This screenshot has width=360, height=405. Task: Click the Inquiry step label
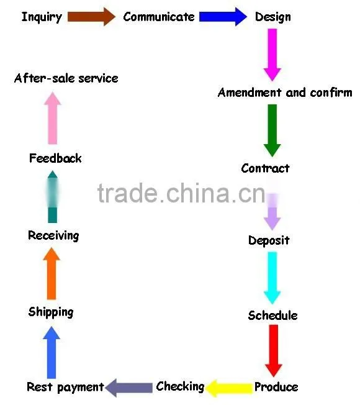(42, 17)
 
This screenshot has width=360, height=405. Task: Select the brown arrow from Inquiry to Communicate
(91, 17)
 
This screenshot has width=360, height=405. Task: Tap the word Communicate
(159, 17)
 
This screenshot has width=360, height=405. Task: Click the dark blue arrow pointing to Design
(223, 17)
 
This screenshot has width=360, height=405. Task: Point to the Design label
(272, 17)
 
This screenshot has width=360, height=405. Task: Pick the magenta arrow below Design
(272, 55)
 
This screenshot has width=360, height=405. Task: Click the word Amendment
(250, 93)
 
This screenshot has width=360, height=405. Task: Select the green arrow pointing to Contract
(272, 130)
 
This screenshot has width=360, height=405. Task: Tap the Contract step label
(265, 168)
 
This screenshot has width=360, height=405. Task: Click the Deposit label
(269, 241)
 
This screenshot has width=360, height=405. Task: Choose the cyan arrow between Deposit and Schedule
(272, 278)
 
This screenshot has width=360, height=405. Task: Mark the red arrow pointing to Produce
(274, 351)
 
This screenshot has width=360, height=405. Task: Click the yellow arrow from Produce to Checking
(228, 388)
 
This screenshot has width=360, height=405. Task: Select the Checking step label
(180, 386)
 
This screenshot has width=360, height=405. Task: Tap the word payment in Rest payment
(81, 388)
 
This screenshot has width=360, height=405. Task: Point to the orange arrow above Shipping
(52, 273)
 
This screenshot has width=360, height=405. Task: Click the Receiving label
(53, 236)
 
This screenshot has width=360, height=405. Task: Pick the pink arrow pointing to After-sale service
(53, 118)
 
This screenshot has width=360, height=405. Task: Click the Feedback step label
(55, 158)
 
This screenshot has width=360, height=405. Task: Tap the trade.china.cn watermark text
(181, 193)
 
